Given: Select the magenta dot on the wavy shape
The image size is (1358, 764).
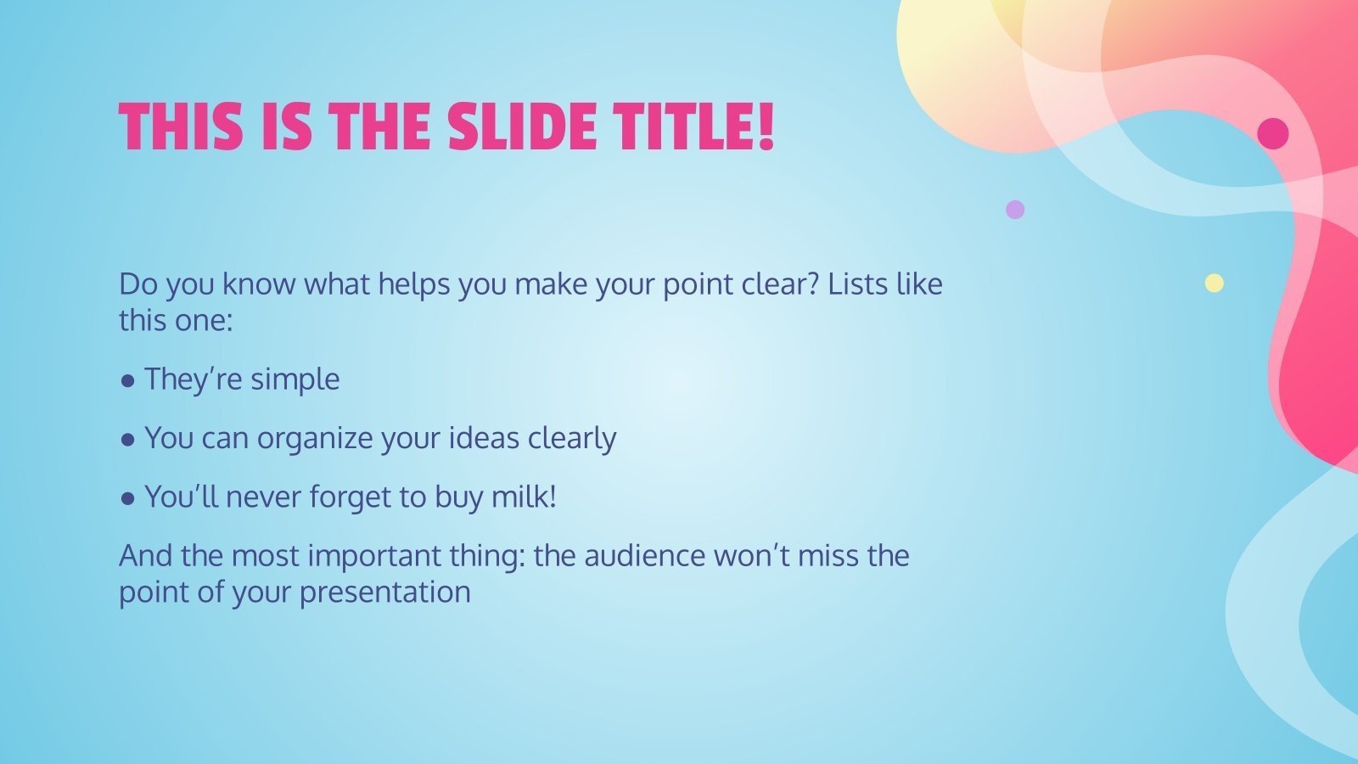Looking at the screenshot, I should [x=1272, y=133].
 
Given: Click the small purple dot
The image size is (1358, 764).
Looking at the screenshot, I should [x=1015, y=209].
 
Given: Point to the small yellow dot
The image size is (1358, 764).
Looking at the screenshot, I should [x=1215, y=283].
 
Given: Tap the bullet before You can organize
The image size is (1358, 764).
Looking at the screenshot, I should [x=128, y=440].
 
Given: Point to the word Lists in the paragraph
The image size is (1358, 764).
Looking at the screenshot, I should [x=856, y=284].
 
